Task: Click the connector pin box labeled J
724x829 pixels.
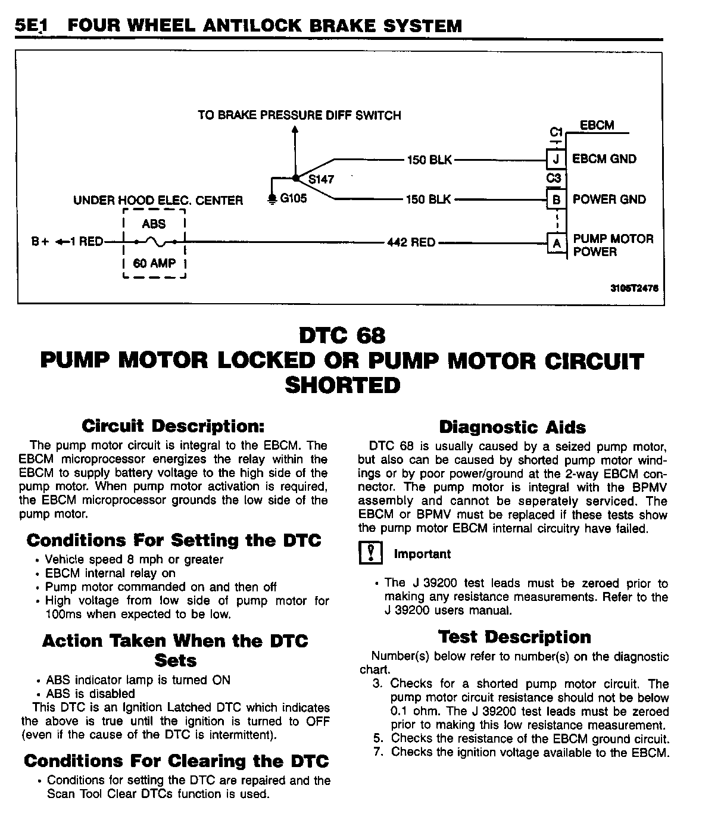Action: tap(556, 159)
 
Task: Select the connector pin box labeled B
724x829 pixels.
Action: tap(556, 200)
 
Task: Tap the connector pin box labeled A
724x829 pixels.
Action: tap(556, 243)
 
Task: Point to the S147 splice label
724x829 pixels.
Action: tap(321, 179)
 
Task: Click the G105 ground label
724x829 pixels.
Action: tap(293, 198)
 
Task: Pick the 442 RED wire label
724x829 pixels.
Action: tap(411, 242)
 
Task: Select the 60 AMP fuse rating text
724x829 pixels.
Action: tap(154, 263)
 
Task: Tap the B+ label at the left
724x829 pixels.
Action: tap(40, 242)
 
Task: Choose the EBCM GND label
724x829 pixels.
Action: tap(604, 159)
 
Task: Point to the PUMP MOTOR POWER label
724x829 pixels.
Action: tap(613, 245)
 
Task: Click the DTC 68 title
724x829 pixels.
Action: tap(342, 336)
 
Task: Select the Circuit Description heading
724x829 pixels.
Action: tap(173, 426)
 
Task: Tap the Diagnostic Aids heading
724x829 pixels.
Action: tap(512, 427)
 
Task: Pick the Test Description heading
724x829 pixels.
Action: tap(514, 637)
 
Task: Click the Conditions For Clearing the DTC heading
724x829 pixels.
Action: tap(176, 761)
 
